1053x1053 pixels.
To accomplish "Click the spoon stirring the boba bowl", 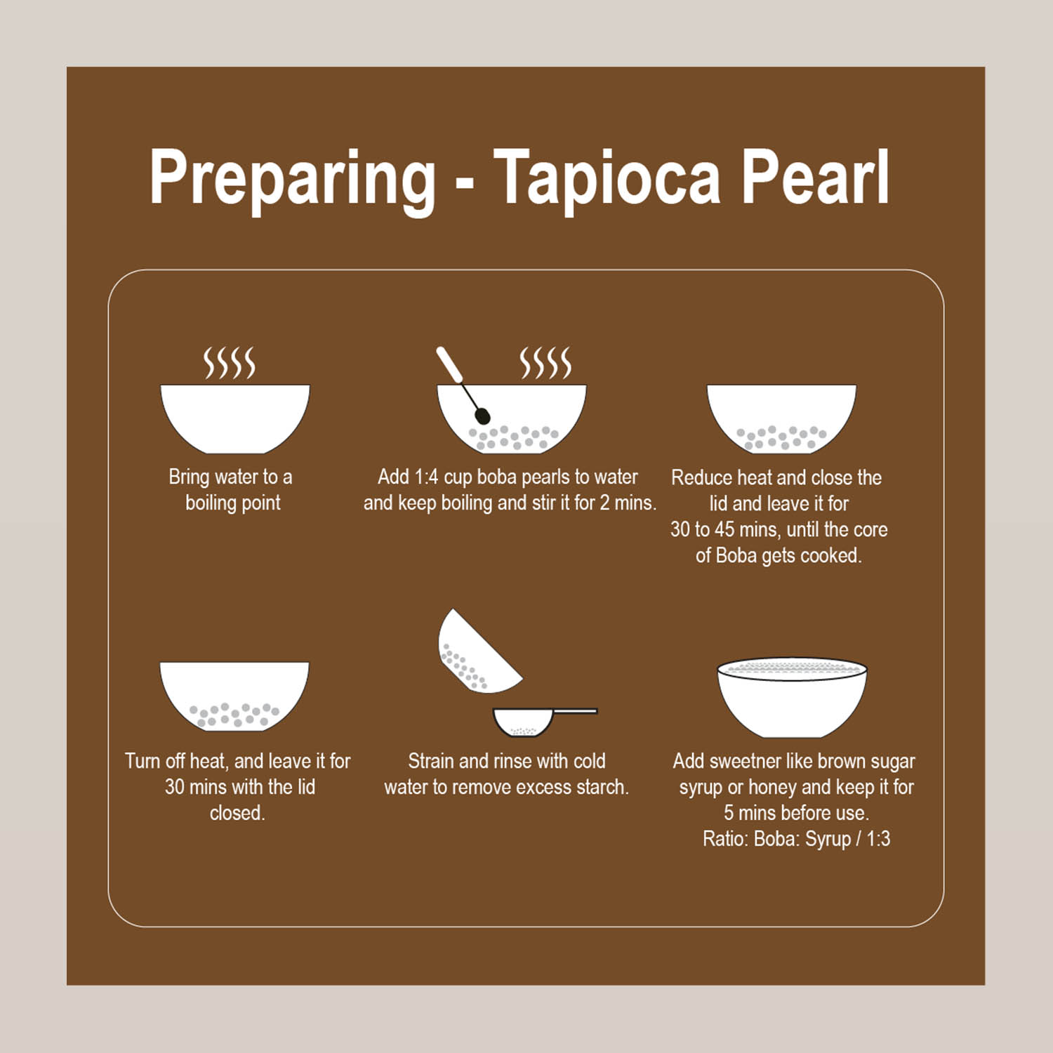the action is [x=463, y=385].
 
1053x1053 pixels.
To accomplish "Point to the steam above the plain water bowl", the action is [x=230, y=363].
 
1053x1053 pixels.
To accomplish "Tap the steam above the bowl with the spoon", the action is [x=545, y=363].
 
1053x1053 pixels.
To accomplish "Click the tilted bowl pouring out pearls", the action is [x=476, y=653].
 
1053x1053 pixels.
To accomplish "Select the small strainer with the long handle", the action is [x=545, y=721].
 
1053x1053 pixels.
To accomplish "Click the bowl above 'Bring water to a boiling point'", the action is [x=234, y=418].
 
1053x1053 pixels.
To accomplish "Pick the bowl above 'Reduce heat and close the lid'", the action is [x=781, y=418].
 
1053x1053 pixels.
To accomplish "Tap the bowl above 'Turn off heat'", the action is [x=234, y=696].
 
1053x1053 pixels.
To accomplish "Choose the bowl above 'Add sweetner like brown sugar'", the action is [x=793, y=698].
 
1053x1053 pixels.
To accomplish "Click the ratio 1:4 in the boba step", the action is [x=426, y=477].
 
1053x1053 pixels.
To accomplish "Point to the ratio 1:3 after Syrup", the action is [x=878, y=839].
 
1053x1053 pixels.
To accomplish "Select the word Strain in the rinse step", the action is [x=431, y=761].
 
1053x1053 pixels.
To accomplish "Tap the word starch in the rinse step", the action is [x=602, y=787].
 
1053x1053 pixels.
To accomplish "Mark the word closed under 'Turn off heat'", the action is [x=237, y=813].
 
